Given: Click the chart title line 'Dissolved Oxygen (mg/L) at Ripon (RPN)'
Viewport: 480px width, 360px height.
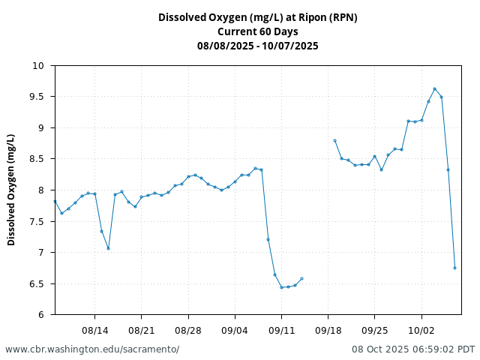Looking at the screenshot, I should (x=257, y=18).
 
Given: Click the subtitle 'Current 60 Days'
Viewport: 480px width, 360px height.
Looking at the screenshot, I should (x=257, y=31).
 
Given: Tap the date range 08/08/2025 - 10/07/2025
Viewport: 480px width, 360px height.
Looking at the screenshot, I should (x=257, y=46).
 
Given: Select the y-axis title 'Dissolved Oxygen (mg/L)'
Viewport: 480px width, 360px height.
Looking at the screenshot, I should (x=11, y=190).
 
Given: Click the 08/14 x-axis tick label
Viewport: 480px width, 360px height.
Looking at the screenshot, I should (x=94, y=330).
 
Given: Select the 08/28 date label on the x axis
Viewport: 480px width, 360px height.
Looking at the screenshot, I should (x=188, y=330).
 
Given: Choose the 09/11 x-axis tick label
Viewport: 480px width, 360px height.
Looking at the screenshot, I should (x=281, y=330).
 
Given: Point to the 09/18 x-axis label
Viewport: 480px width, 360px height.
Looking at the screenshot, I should (x=328, y=330).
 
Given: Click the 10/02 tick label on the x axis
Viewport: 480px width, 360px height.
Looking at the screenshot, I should (x=421, y=330).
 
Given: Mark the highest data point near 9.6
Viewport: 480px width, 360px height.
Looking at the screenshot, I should (x=434, y=88).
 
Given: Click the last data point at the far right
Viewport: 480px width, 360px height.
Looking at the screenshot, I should (x=454, y=268).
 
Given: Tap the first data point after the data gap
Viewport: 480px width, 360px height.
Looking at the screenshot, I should (x=334, y=140).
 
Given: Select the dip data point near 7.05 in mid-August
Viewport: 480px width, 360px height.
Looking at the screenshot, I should (x=108, y=248).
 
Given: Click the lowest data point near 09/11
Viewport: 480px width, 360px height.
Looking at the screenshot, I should (x=281, y=287).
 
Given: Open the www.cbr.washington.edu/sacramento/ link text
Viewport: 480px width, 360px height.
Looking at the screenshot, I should (x=92, y=349).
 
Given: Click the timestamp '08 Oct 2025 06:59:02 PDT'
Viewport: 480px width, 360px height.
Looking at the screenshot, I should (x=413, y=349).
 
